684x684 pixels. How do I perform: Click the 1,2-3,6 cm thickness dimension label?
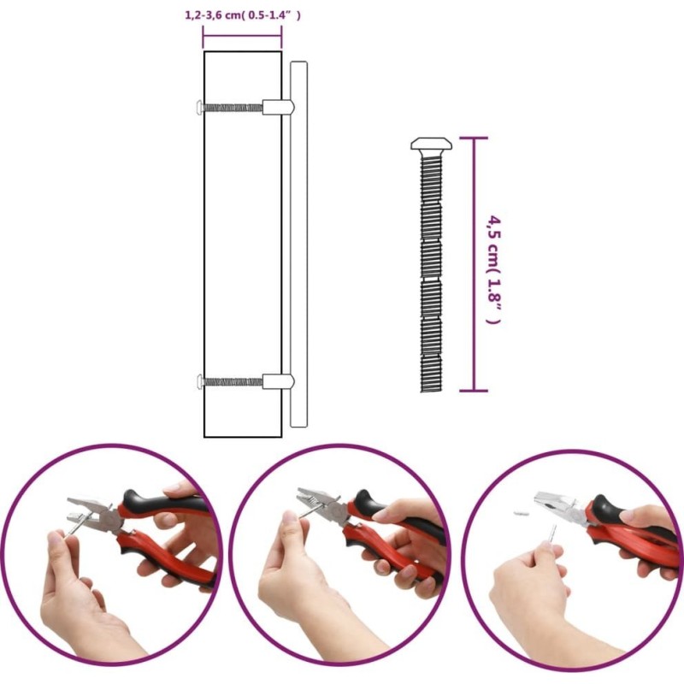click(x=243, y=15)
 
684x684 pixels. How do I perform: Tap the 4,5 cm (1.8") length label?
click(x=493, y=269)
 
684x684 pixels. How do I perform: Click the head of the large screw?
click(x=431, y=144)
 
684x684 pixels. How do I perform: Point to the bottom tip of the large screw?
click(x=432, y=391)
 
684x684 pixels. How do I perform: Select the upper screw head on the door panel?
click(x=199, y=107)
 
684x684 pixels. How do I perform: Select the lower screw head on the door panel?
click(x=199, y=381)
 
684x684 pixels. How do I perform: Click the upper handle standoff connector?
click(x=279, y=107)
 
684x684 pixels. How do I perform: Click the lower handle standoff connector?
click(x=279, y=381)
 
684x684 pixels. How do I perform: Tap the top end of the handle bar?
click(x=298, y=62)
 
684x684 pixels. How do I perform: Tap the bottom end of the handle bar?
click(x=298, y=426)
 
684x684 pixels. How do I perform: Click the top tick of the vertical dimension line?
click(x=474, y=138)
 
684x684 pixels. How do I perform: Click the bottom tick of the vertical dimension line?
click(x=474, y=391)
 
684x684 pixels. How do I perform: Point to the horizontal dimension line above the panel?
click(x=242, y=37)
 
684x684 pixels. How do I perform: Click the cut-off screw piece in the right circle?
click(x=522, y=514)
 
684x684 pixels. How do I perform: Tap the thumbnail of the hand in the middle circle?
click(x=288, y=519)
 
